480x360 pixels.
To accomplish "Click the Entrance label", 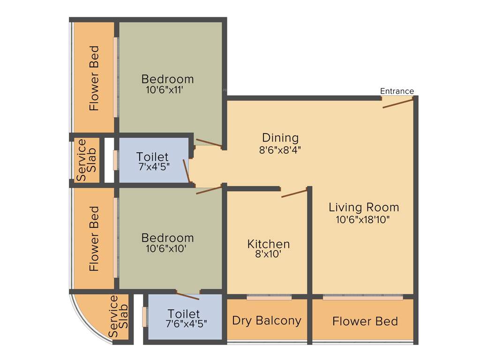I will click(397, 91).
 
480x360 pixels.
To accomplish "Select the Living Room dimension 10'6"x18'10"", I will click(363, 219).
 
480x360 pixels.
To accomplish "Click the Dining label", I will click(280, 138).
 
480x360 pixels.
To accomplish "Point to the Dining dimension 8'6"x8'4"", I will click(280, 150).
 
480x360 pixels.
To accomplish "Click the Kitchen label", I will click(268, 244).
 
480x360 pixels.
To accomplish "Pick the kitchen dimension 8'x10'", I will click(268, 255).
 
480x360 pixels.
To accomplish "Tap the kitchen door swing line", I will click(294, 193).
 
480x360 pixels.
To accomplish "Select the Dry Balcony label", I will click(266, 321).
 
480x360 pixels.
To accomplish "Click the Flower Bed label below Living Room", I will click(365, 321).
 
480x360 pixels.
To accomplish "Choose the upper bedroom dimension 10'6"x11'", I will click(167, 90).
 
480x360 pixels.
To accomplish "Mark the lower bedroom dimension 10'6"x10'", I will click(167, 249).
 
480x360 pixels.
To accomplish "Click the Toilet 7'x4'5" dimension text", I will click(152, 166).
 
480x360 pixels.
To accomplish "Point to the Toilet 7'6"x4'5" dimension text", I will click(186, 323).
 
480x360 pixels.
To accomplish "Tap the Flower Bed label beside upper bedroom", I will click(95, 78).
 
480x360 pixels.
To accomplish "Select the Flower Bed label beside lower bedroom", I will click(95, 239).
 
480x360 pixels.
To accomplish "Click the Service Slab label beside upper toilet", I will click(87, 160).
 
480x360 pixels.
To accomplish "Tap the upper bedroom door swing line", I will click(209, 143).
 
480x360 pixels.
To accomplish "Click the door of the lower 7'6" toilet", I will click(187, 295).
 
